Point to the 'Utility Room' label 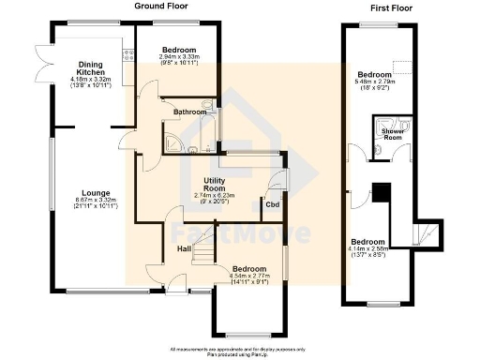click(210, 186)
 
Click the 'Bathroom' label click(190, 112)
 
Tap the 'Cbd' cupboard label click(272, 203)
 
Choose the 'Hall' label click(185, 248)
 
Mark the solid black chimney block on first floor click(380, 191)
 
